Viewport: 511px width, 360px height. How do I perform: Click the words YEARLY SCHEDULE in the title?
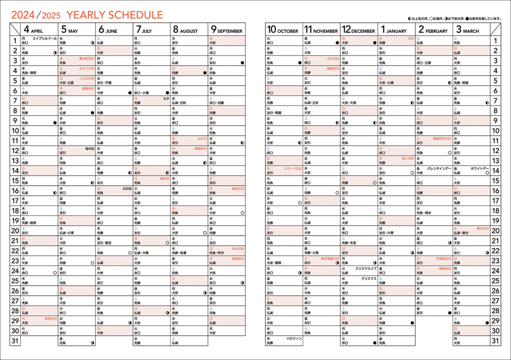click(115, 15)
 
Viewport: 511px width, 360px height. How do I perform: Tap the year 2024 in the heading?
click(23, 15)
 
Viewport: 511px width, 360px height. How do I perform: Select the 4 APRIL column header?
click(33, 30)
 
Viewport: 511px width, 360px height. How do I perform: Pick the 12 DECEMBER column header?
click(359, 30)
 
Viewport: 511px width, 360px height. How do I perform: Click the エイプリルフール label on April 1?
click(44, 38)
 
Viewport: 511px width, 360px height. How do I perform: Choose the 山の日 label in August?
click(201, 138)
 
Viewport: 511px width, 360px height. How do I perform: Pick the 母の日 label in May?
click(89, 149)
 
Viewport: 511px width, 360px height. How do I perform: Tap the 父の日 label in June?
click(126, 188)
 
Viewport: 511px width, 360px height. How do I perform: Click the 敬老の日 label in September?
click(238, 188)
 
